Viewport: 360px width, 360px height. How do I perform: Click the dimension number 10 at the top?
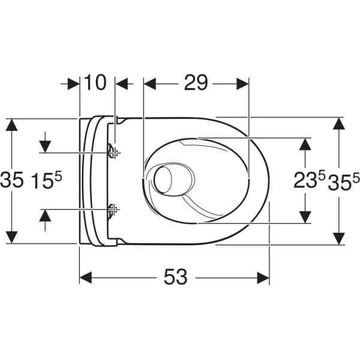click(97, 83)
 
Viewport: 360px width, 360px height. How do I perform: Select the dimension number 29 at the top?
click(196, 83)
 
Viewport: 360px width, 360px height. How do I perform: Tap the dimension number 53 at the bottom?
click(174, 277)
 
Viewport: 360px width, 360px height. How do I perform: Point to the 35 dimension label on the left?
click(12, 180)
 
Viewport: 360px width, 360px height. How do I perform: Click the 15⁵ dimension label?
click(46, 180)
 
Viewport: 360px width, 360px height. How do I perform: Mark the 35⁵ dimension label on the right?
click(344, 180)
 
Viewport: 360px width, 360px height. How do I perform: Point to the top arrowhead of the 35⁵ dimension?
click(339, 124)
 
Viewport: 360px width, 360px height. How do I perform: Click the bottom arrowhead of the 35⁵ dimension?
click(339, 238)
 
